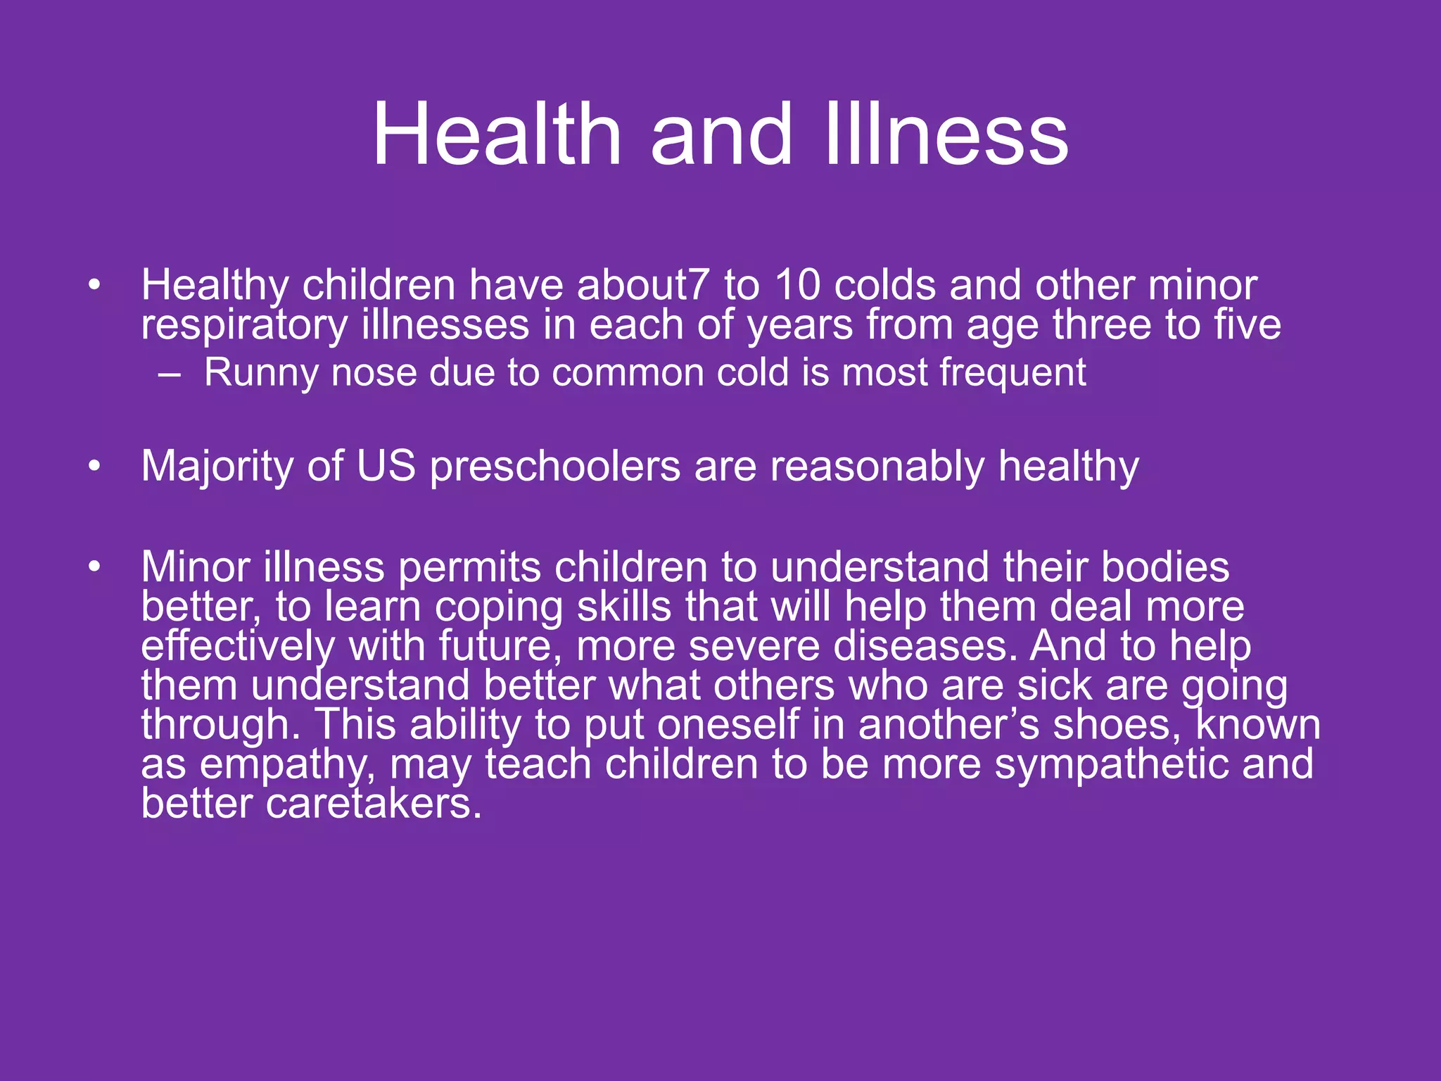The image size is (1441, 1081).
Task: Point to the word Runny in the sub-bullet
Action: point(261,372)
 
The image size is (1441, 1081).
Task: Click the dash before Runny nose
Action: point(169,374)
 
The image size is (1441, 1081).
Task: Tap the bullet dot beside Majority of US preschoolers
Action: point(95,466)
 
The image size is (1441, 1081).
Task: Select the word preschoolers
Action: point(555,466)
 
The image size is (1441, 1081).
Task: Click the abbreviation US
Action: point(386,466)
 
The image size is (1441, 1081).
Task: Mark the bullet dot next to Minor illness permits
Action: point(95,567)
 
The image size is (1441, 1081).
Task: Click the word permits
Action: point(469,567)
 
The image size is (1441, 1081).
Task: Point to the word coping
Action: point(499,607)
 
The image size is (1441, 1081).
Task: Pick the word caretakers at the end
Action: point(374,804)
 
